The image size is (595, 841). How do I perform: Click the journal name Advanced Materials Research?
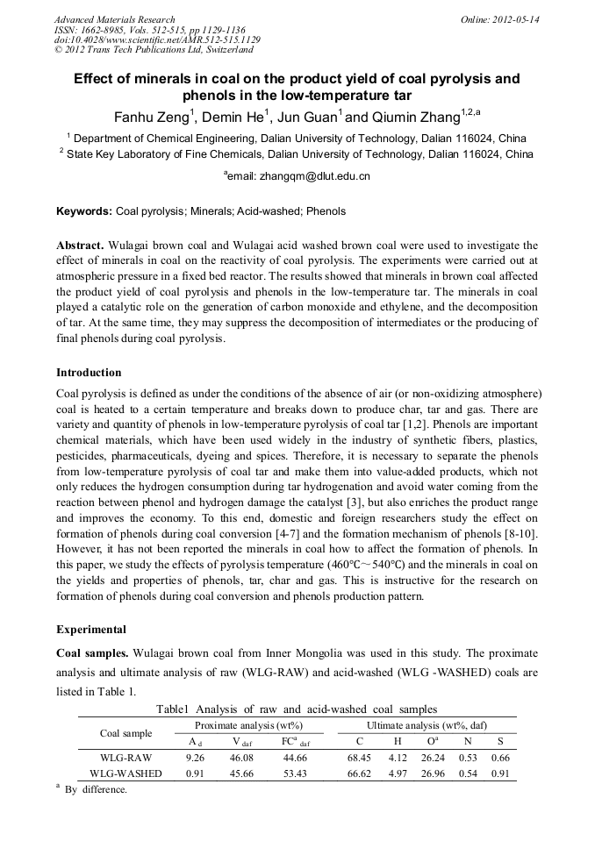(x=114, y=19)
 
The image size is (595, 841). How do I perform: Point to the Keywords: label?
(x=84, y=211)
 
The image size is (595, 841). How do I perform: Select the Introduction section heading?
(x=89, y=372)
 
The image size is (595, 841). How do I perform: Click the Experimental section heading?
(x=91, y=629)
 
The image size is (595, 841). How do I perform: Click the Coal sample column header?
(x=125, y=733)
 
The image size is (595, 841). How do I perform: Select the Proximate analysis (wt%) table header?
(x=248, y=725)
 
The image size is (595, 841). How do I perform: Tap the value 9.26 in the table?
(x=195, y=757)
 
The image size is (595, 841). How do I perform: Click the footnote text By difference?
(x=96, y=789)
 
